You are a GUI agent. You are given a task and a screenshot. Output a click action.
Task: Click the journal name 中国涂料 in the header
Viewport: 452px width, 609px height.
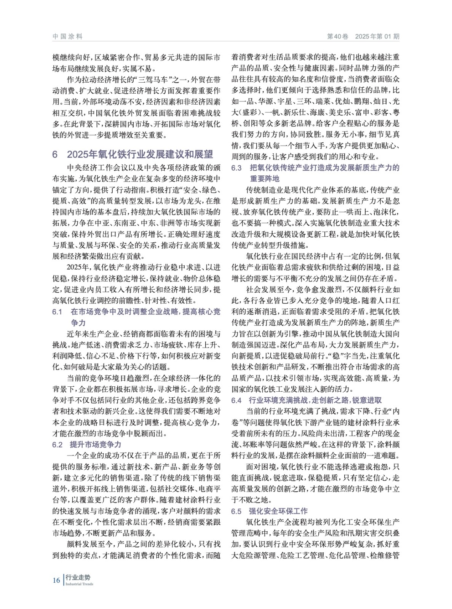coord(67,37)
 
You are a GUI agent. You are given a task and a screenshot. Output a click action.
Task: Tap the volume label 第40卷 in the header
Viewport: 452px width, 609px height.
coord(338,37)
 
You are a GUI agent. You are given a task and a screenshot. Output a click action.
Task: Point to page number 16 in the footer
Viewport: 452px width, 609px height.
coord(56,580)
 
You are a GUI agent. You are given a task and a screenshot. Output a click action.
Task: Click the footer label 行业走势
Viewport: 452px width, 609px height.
coord(78,577)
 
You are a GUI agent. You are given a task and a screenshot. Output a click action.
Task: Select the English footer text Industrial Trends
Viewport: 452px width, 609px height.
coord(79,584)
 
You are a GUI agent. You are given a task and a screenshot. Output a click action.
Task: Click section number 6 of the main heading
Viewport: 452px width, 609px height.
coord(55,154)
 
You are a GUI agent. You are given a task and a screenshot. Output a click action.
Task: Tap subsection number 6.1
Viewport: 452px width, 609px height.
coord(57,312)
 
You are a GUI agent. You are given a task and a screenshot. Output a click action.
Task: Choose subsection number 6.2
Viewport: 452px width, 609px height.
coord(57,444)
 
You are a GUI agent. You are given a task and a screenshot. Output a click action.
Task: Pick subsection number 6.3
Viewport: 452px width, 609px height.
coord(236,167)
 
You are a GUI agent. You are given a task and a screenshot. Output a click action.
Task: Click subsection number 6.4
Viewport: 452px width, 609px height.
coord(236,400)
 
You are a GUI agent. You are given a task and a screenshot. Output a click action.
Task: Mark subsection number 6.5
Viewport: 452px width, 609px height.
coord(236,511)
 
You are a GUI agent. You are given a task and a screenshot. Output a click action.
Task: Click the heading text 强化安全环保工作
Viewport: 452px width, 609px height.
coord(278,511)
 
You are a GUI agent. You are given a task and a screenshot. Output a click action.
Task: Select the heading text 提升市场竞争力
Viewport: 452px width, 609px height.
coord(96,444)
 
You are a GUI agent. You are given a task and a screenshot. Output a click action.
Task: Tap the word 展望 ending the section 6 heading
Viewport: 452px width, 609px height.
coord(204,154)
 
